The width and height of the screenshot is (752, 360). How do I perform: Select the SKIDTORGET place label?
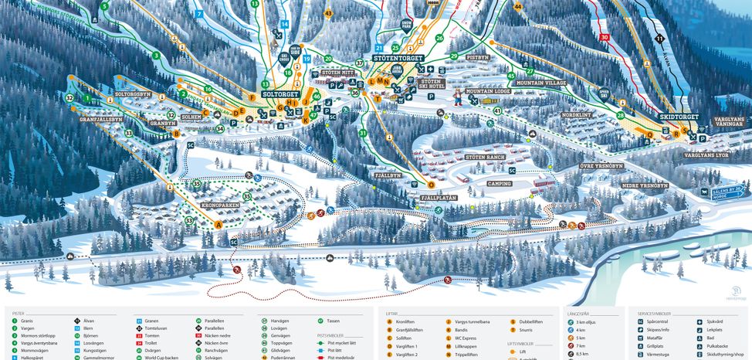(x=679, y=117)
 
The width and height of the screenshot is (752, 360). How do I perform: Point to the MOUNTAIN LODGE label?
(x=488, y=91)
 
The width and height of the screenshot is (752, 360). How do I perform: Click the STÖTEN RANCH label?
(x=485, y=157)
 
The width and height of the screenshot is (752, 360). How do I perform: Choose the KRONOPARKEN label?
(x=220, y=206)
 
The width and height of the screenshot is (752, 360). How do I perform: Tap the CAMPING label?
(x=499, y=184)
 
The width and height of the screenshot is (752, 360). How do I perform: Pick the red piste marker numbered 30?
(x=605, y=37)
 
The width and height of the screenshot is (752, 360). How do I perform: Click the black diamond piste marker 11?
(x=659, y=38)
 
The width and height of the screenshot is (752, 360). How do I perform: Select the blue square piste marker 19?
(x=307, y=59)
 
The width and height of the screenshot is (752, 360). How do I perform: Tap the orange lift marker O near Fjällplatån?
(x=431, y=185)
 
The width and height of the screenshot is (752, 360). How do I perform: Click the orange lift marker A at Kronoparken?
(x=218, y=225)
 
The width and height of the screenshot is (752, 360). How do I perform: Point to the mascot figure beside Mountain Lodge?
(x=458, y=98)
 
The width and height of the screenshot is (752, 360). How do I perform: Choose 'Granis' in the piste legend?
(x=27, y=321)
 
